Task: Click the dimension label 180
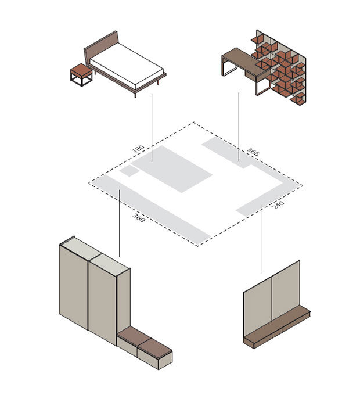(x=138, y=148)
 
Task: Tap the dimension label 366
(x=253, y=152)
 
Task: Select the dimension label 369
(x=139, y=218)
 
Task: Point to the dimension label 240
(x=279, y=204)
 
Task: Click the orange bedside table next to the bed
(x=81, y=75)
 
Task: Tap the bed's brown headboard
(x=100, y=48)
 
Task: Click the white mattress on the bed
(x=127, y=67)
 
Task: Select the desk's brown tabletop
(x=245, y=60)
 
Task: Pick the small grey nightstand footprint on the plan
(x=129, y=171)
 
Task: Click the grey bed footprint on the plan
(x=171, y=168)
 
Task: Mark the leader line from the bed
(x=152, y=127)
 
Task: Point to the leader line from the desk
(x=239, y=127)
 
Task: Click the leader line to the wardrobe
(x=120, y=223)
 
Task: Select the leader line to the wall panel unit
(x=262, y=239)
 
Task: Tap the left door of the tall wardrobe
(x=74, y=287)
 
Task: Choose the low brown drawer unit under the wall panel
(x=277, y=327)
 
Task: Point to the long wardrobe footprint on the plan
(x=150, y=210)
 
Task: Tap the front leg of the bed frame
(x=135, y=94)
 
